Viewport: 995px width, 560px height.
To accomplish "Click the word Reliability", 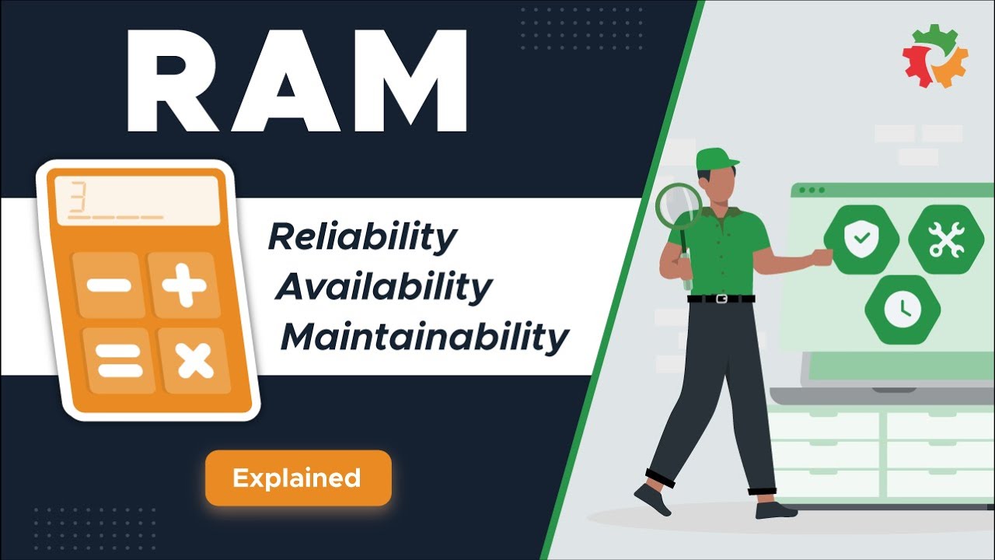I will [x=362, y=237].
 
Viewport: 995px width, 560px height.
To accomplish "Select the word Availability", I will [x=383, y=287].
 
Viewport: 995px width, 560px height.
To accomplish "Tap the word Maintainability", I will [x=424, y=338].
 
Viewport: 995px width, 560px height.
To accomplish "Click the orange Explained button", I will [x=298, y=478].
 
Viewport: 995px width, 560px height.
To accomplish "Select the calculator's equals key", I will [x=118, y=360].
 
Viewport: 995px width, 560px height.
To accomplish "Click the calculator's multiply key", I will [x=194, y=360].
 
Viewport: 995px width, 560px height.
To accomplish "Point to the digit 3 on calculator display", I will [x=77, y=198].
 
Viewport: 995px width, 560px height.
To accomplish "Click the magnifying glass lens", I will [x=678, y=205].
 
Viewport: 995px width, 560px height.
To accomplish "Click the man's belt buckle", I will [x=721, y=299].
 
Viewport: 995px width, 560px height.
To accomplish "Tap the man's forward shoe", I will [x=652, y=500].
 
